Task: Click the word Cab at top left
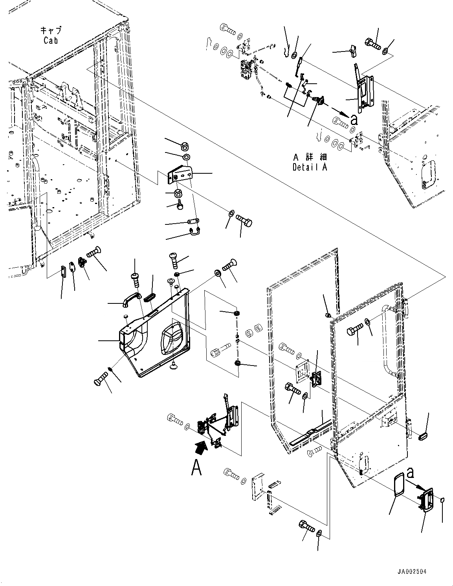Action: pyautogui.click(x=51, y=40)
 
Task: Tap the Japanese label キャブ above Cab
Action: pyautogui.click(x=51, y=30)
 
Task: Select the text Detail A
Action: pyautogui.click(x=310, y=167)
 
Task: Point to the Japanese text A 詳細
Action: pyautogui.click(x=310, y=157)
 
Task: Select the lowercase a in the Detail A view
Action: pyautogui.click(x=354, y=118)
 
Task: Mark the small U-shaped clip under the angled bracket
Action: pyautogui.click(x=195, y=231)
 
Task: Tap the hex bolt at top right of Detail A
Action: pyautogui.click(x=372, y=44)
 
